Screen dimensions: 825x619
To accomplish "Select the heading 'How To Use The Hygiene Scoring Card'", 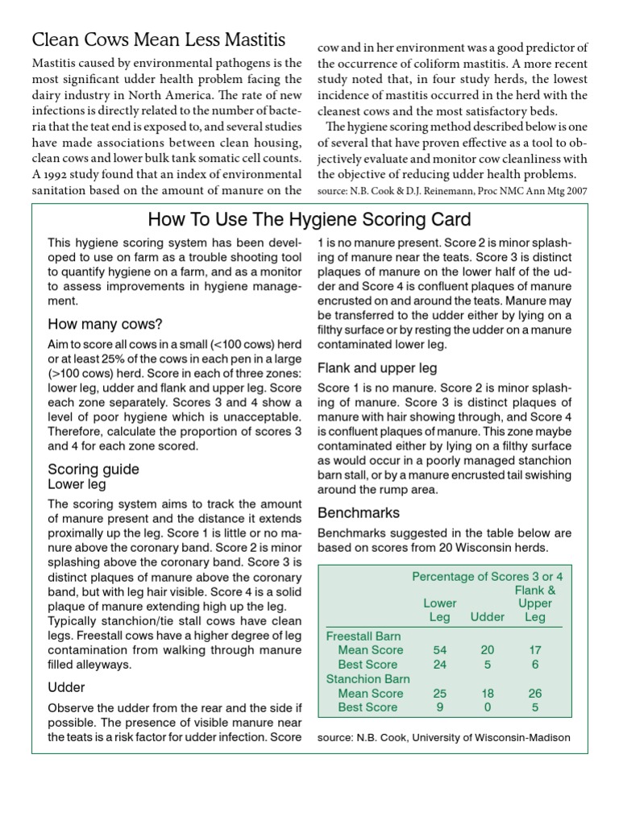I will (x=310, y=220).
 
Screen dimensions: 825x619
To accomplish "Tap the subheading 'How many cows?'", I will (x=105, y=325).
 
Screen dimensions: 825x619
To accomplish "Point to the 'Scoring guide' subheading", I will (x=93, y=469).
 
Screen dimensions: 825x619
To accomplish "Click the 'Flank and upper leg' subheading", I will (x=377, y=368).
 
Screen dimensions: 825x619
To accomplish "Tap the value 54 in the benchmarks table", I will (x=440, y=649).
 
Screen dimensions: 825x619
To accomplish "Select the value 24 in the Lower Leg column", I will (x=440, y=665).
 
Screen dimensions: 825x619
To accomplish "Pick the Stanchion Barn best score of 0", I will (x=487, y=707).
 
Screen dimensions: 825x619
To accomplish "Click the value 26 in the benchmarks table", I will (x=534, y=693).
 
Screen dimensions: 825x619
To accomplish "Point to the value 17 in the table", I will (x=534, y=649).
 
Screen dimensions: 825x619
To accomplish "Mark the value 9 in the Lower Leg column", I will (x=440, y=707).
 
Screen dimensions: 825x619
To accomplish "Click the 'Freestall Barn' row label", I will (x=364, y=636).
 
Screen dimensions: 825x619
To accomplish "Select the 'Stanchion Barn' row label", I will (x=368, y=678).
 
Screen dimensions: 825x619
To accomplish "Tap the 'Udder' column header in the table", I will (x=487, y=617).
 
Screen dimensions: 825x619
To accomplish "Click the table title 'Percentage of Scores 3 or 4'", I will (x=487, y=577).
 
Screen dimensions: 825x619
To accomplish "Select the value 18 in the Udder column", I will (x=487, y=693).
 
